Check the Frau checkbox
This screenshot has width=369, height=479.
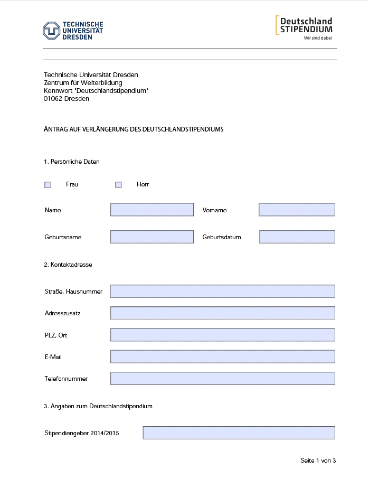48,185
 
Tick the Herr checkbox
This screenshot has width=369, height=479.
119,185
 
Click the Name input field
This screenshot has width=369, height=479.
152,210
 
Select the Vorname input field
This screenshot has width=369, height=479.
297,210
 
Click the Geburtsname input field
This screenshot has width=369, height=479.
152,237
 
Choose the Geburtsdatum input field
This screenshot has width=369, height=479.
297,237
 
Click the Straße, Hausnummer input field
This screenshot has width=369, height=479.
222,291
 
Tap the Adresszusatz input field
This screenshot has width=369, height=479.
222,313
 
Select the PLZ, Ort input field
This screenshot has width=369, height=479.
222,335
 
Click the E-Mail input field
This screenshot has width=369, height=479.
222,356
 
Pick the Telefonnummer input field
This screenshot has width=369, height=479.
222,378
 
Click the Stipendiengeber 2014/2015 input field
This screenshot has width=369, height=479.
239,433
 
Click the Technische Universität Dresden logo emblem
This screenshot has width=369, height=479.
51,31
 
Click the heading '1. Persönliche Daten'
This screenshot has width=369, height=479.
72,162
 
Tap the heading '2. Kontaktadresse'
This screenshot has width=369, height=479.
68,265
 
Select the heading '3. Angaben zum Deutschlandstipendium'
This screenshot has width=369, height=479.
98,406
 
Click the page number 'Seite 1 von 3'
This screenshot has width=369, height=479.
318,461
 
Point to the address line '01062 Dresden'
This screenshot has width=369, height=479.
67,99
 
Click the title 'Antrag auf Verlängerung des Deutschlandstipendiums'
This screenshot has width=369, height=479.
134,129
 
